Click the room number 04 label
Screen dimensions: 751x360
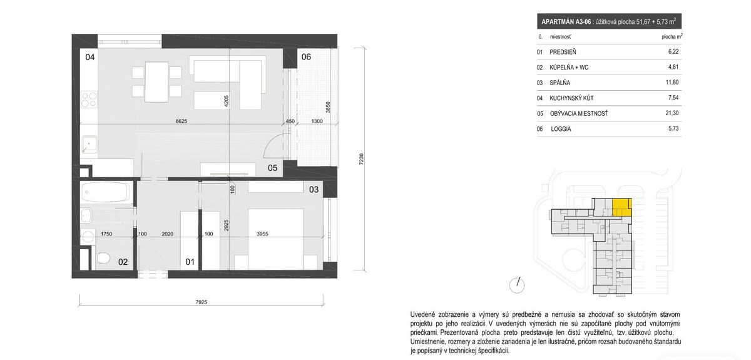coord(90,57)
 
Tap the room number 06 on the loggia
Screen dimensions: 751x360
coord(306,57)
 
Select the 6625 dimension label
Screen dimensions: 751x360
coord(181,121)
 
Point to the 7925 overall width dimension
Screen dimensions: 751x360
coord(201,302)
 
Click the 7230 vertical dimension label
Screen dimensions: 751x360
coord(361,158)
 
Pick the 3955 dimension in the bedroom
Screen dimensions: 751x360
coord(262,234)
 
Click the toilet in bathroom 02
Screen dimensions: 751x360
coord(103,258)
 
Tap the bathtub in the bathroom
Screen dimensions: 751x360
coord(105,192)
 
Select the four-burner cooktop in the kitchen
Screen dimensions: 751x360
coord(89,100)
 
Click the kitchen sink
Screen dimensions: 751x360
coord(89,144)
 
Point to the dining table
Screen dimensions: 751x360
coord(156,82)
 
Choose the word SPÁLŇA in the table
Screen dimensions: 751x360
coord(559,83)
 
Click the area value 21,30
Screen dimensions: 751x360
coord(672,113)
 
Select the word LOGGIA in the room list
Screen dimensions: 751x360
coord(561,129)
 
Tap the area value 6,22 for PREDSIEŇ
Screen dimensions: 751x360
coord(673,52)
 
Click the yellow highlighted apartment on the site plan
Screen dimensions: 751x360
coord(622,207)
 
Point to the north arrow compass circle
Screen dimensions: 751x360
coord(517,285)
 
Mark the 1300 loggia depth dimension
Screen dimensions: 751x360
coord(317,121)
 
